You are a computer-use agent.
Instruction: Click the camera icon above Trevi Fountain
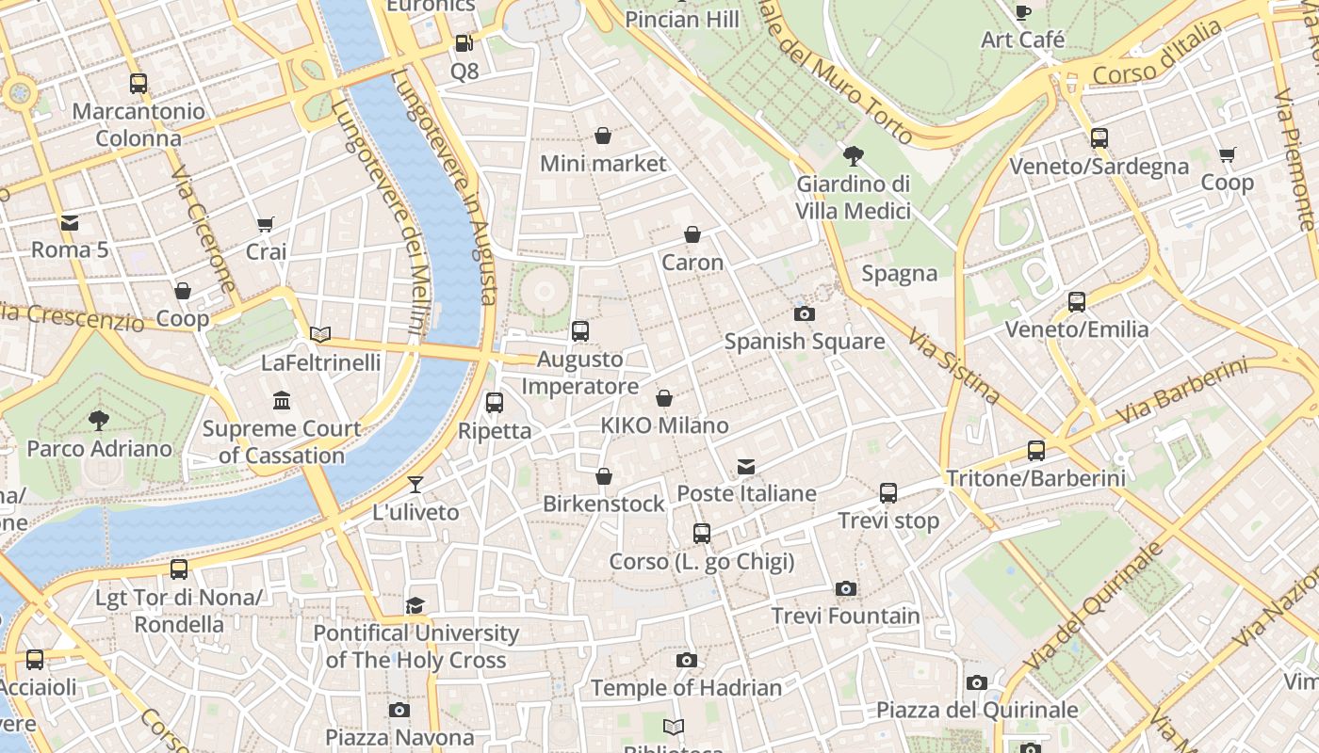tap(846, 589)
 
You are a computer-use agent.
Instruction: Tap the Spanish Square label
tap(805, 342)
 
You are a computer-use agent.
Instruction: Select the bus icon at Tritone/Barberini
tap(1036, 451)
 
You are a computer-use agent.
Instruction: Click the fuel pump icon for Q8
tap(464, 43)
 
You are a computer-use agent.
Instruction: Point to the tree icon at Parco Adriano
tap(99, 421)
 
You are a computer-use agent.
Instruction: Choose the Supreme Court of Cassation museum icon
tap(282, 401)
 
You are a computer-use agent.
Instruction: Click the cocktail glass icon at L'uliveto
tap(415, 485)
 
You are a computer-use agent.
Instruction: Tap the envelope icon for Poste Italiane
tap(746, 467)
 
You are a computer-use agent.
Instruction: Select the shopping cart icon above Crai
tap(266, 225)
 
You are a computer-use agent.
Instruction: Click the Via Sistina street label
tap(953, 365)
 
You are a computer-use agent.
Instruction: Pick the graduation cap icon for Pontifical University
tap(415, 605)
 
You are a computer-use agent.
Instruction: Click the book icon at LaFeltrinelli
tap(320, 334)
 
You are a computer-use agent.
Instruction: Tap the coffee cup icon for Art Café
tap(1023, 12)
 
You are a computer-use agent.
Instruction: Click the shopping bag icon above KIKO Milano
tap(664, 398)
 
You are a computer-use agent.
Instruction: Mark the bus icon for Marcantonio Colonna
tap(138, 84)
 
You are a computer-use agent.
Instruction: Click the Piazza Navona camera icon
tap(399, 710)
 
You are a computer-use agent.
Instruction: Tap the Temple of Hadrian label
tap(687, 688)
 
